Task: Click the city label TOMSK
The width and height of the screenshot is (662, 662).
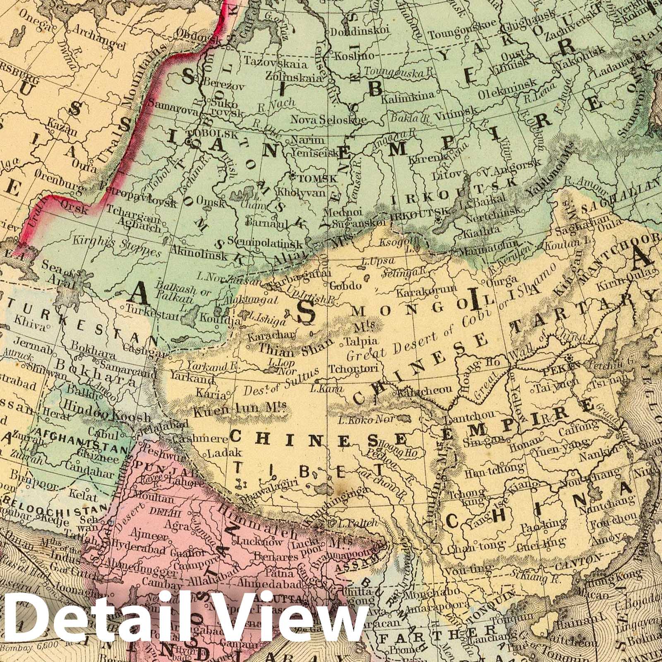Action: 318,179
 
